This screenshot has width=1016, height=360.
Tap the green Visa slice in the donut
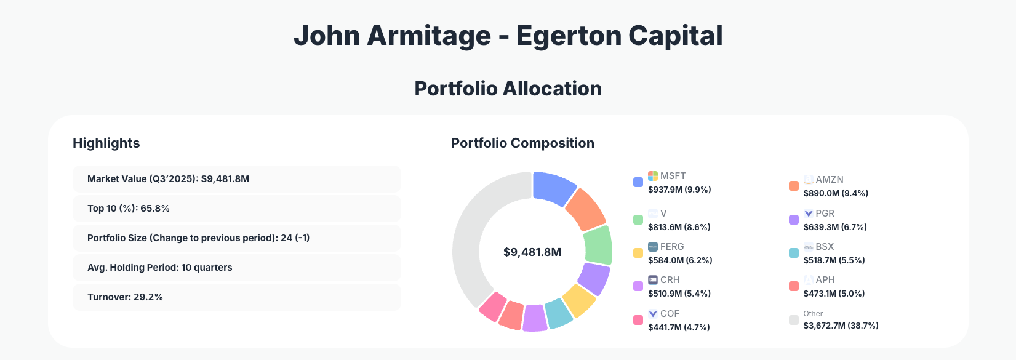(598, 245)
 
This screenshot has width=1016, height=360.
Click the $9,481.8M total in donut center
(532, 252)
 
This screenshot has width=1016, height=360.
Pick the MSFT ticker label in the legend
(673, 176)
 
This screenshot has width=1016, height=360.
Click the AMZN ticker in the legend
(829, 180)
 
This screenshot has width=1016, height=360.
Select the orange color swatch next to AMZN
(794, 186)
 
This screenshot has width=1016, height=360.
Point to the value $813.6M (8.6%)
(679, 227)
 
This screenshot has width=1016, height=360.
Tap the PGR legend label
(825, 214)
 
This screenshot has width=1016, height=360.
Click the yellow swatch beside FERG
(638, 253)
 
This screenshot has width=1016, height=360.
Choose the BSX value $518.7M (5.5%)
(834, 260)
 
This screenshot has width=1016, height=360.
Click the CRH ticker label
(670, 280)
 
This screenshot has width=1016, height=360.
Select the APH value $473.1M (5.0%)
(834, 294)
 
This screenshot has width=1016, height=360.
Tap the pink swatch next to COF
(638, 320)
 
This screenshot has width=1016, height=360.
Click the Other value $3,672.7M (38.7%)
(841, 326)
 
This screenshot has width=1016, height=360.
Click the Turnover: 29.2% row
(236, 297)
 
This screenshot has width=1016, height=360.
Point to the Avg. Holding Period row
(236, 268)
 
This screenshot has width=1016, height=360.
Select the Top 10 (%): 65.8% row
(236, 209)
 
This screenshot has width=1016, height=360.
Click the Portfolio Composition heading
(522, 143)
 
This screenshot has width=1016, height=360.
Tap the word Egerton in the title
(567, 36)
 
